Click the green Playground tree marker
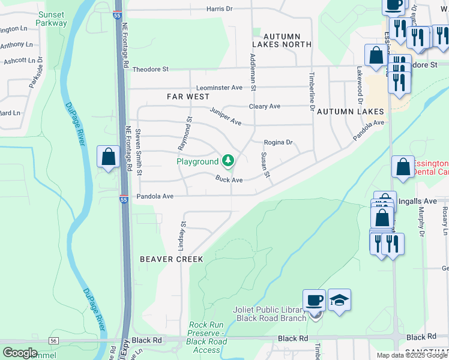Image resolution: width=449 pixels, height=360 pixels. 228,161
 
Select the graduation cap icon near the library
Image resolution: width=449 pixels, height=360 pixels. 339,301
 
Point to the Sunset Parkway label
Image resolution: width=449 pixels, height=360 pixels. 52,19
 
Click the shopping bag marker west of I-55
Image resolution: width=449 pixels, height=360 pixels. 108,158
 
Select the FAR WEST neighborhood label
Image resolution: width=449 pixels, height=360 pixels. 188,96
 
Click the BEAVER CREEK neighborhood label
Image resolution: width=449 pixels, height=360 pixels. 171,259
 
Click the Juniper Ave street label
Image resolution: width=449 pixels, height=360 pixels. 226,116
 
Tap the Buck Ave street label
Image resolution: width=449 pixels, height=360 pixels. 229,179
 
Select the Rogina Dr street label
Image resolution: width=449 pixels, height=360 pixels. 278,142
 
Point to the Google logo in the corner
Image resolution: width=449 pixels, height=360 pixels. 20,352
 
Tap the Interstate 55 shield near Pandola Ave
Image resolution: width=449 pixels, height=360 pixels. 123,199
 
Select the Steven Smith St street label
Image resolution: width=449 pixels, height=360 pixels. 139,152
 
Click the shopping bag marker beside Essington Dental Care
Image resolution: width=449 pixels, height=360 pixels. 403,167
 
